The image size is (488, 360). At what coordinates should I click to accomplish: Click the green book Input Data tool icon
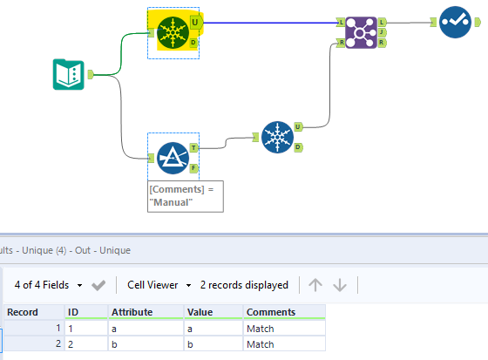tap(69, 74)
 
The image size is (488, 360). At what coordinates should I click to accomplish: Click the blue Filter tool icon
tap(173, 158)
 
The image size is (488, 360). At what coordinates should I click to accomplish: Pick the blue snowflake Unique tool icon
tap(277, 137)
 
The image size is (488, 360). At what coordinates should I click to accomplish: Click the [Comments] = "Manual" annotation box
tap(185, 195)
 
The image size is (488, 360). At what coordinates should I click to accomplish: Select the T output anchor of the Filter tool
tap(194, 148)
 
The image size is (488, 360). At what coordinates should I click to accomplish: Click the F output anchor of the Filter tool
tap(194, 167)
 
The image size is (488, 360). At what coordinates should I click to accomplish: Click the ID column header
tap(85, 312)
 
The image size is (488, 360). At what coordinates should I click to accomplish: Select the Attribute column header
tap(145, 312)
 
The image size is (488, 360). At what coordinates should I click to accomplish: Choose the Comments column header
tap(283, 312)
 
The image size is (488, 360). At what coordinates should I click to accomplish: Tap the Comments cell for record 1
tap(283, 328)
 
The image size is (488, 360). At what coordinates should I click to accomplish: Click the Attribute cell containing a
tap(145, 328)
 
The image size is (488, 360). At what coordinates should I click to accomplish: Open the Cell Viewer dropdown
tap(159, 284)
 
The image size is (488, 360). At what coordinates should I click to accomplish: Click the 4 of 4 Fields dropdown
tap(49, 284)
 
